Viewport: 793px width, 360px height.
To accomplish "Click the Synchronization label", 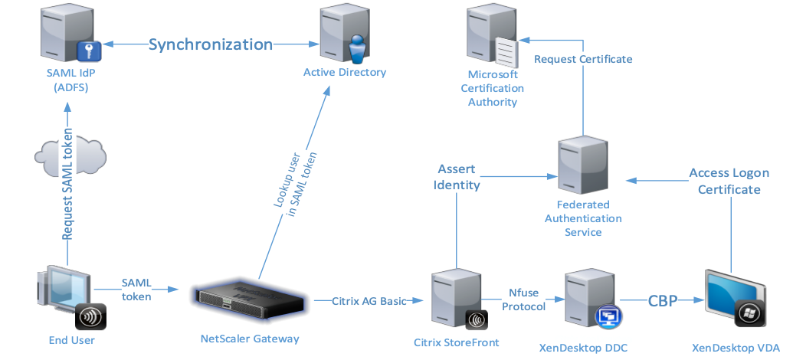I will (x=211, y=44).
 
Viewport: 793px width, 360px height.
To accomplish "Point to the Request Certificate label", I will (x=583, y=58).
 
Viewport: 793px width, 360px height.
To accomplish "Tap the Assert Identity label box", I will (x=457, y=176).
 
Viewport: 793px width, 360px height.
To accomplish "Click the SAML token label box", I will (x=136, y=289).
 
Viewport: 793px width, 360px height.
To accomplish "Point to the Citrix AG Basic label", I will (x=369, y=300).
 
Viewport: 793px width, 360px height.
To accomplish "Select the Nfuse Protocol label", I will (x=524, y=299).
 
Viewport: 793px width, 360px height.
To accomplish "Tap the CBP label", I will (x=663, y=301).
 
